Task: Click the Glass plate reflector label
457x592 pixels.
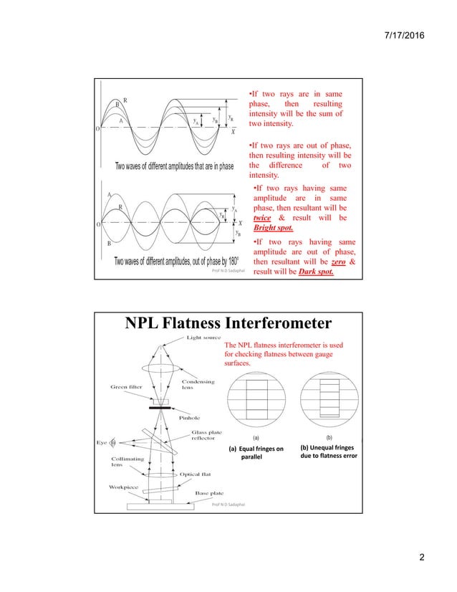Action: pyautogui.click(x=206, y=436)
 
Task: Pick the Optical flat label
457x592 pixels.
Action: pyautogui.click(x=194, y=474)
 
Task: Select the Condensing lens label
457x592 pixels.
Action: pyautogui.click(x=197, y=385)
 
